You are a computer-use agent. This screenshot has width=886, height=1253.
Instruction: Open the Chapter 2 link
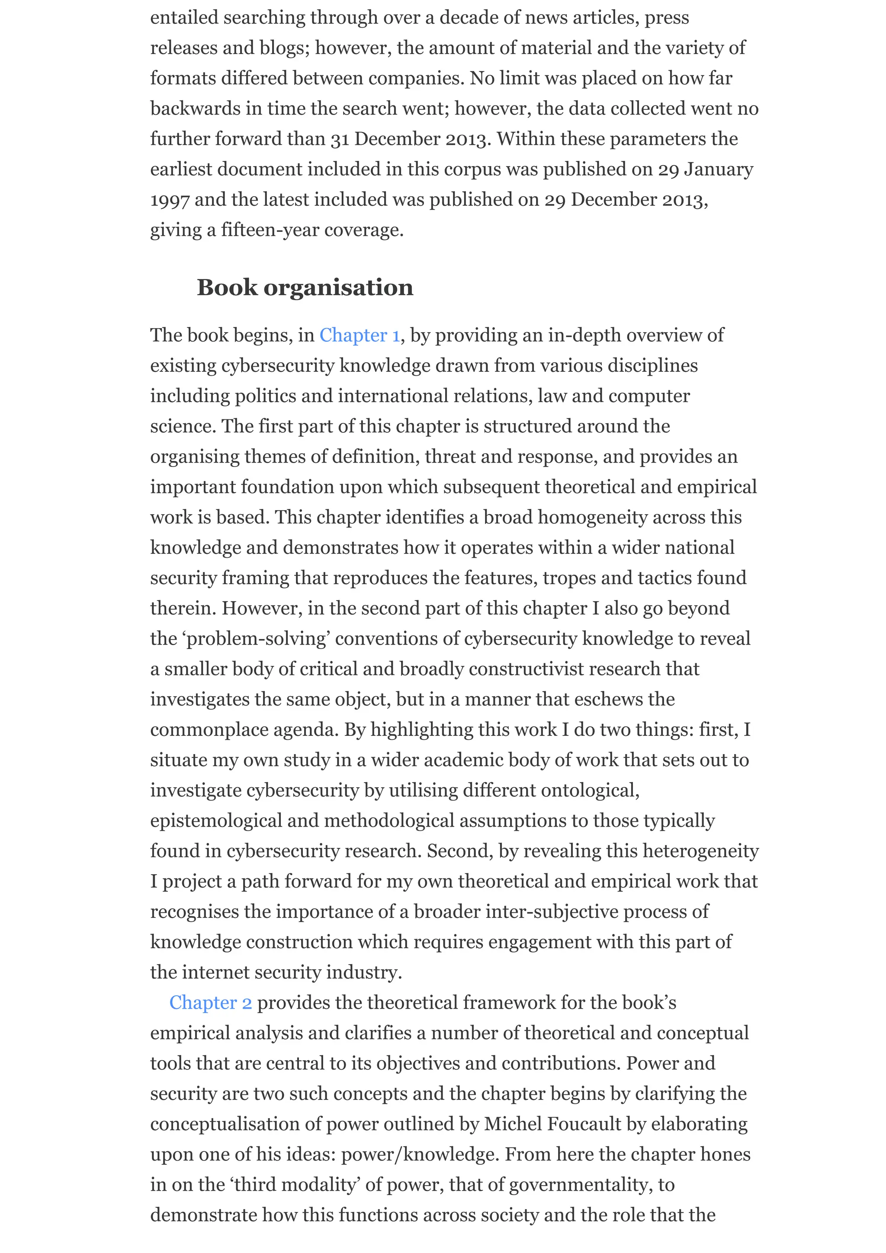click(210, 1003)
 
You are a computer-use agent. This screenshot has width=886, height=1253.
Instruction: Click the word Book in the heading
click(227, 288)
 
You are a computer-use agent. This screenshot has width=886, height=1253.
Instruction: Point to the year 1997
click(170, 200)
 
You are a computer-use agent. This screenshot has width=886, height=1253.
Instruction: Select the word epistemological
click(216, 821)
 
